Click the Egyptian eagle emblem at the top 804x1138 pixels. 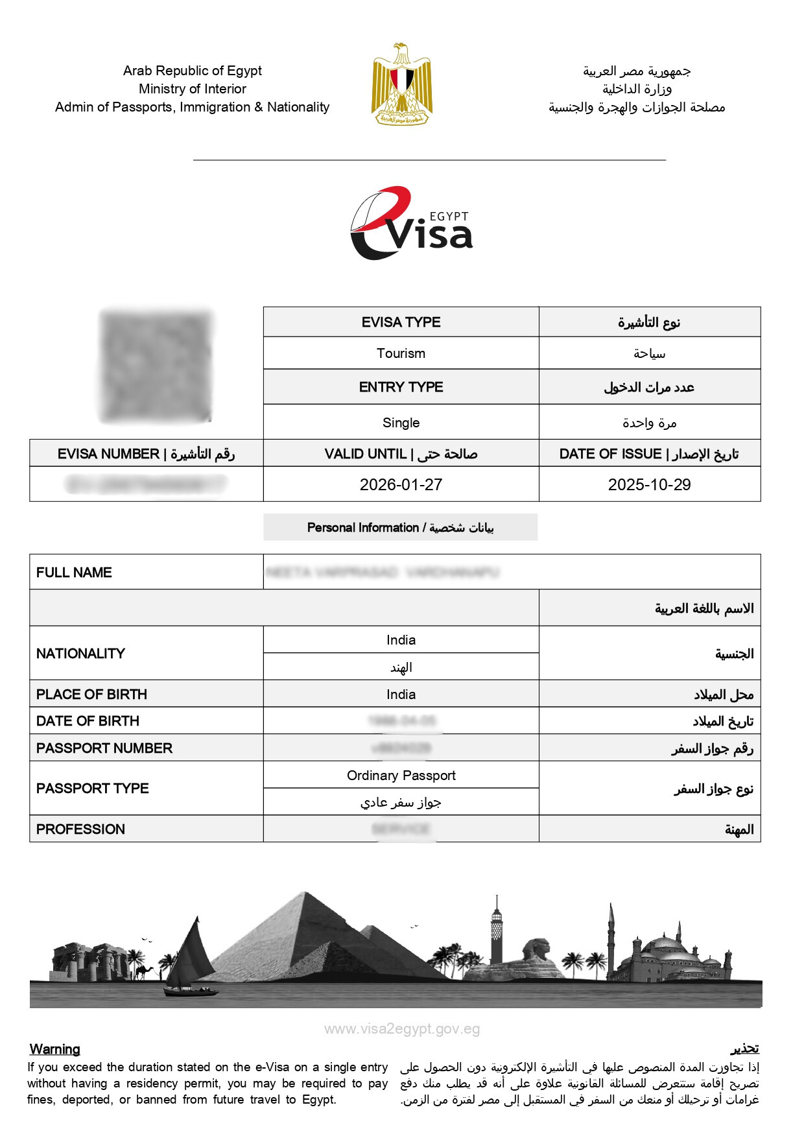[x=401, y=84]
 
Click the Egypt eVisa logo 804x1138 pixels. [x=411, y=224]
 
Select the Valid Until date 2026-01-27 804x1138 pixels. [x=401, y=484]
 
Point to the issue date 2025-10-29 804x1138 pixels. [x=649, y=484]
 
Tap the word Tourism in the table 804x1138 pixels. [x=401, y=353]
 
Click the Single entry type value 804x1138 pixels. [x=401, y=423]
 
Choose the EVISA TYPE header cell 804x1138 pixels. [x=401, y=322]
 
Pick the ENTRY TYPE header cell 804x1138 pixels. [x=401, y=387]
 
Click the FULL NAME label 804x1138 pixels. [x=74, y=573]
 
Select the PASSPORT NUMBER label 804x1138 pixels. [x=104, y=748]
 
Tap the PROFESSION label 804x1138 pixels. [x=80, y=829]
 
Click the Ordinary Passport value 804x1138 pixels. [x=401, y=776]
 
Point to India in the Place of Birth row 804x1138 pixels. [x=401, y=694]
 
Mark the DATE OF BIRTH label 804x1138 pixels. [x=88, y=721]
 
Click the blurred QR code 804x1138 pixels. [x=156, y=366]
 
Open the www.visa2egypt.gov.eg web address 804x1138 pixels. [x=402, y=1029]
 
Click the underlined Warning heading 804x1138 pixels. [x=55, y=1049]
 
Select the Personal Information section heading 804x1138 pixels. [x=400, y=528]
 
